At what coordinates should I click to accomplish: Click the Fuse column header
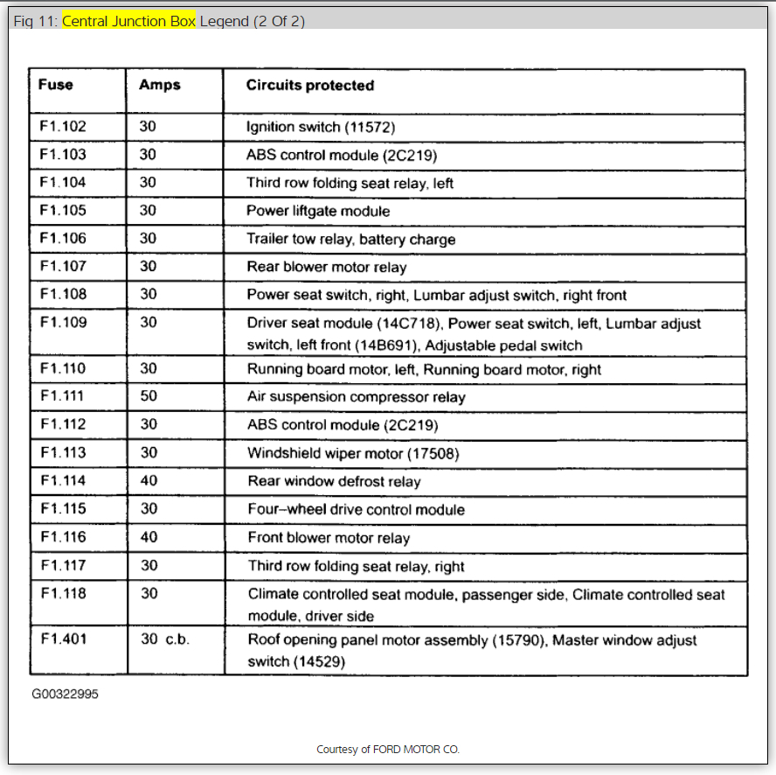coord(56,85)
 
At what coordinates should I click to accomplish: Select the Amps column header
coord(159,85)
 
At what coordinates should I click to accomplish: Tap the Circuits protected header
coord(309,85)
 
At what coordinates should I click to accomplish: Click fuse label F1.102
coord(63,127)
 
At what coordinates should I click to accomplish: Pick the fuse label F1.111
coord(63,396)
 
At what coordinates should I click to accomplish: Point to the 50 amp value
coord(149,396)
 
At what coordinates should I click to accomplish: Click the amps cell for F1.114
coord(149,480)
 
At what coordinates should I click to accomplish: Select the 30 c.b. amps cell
coord(165,639)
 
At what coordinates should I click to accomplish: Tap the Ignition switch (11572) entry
coord(321,127)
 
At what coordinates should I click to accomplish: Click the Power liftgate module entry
coord(318,211)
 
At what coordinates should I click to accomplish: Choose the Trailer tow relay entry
coord(350,239)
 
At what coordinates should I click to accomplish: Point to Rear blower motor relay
coord(326,267)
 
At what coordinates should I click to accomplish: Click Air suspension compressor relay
coord(357,397)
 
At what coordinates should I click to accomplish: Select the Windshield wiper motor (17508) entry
coord(352,453)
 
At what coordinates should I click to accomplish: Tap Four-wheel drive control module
coord(356,509)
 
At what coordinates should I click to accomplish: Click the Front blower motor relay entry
coord(329,537)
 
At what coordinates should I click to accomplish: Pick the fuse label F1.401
coord(63,639)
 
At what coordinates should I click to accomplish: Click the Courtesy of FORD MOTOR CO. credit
coord(387,750)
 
